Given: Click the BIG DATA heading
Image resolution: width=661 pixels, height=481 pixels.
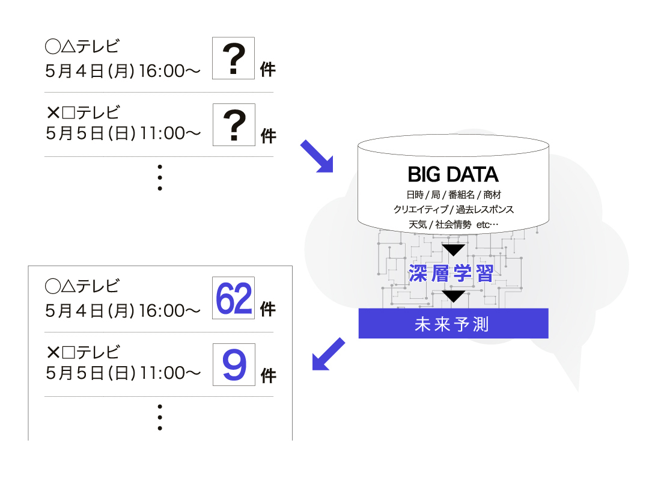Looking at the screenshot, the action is [x=452, y=174].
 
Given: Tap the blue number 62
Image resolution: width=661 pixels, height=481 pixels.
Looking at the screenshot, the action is [x=234, y=299].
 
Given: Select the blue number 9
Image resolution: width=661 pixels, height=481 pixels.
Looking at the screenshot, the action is [x=234, y=365].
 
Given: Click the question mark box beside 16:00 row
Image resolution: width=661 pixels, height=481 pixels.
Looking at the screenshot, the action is [x=233, y=58].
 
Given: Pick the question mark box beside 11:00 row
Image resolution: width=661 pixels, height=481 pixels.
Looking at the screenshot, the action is [x=234, y=125].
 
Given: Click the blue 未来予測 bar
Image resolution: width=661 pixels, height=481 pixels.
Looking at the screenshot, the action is [x=453, y=323].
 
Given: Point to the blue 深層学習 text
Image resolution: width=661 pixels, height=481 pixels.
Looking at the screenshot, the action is [x=451, y=274].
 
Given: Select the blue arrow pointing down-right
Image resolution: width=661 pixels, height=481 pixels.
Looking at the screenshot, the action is [x=317, y=157].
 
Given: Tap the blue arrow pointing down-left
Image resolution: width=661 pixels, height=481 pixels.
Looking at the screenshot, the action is [x=328, y=354].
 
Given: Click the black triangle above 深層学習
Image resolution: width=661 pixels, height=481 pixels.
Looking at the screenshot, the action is [x=453, y=249].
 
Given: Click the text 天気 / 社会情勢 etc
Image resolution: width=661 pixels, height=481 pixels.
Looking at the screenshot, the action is [x=453, y=224].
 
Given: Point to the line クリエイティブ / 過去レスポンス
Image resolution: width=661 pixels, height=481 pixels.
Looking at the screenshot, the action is [x=453, y=209].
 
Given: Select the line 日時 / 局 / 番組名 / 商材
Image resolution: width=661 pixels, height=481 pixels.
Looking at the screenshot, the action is [x=453, y=195].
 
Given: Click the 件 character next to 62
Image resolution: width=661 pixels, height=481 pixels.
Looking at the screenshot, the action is [x=267, y=309].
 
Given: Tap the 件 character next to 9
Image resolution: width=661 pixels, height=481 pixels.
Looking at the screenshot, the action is [x=269, y=376].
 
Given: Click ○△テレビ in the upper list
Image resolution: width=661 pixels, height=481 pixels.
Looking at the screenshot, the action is [x=82, y=46].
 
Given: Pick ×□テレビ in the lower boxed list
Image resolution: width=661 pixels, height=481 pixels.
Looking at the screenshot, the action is [x=83, y=352].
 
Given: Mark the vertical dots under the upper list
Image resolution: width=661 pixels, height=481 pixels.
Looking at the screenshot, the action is [x=160, y=177].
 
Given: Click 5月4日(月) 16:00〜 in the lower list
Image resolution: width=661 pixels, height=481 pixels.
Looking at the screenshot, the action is [x=123, y=311].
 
